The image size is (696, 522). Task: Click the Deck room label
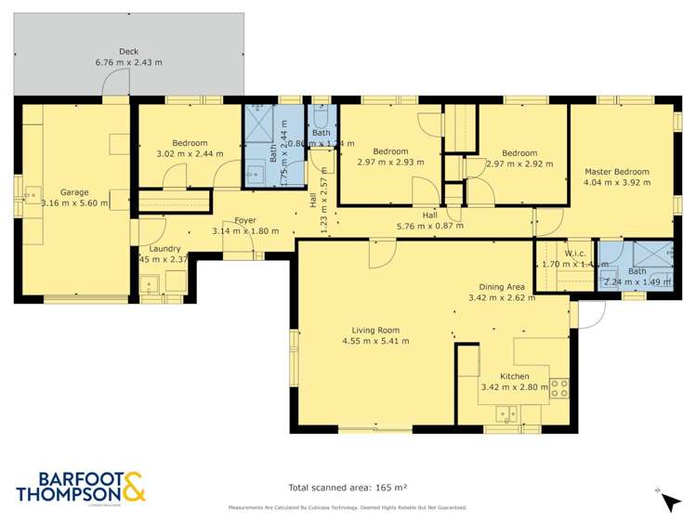128,52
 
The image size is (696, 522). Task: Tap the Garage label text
74,192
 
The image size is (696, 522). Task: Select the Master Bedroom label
616,172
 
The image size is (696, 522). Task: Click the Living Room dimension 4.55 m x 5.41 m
375,341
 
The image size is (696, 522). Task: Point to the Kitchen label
514,376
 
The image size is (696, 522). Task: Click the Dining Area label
502,287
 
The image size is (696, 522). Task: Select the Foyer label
245,220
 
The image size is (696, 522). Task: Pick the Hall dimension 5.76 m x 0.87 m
429,226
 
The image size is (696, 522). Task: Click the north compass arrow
668,501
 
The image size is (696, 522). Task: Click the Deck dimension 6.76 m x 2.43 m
128,62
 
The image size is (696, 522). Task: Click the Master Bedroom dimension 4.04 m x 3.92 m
616,183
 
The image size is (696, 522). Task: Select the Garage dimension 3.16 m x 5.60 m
74,202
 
